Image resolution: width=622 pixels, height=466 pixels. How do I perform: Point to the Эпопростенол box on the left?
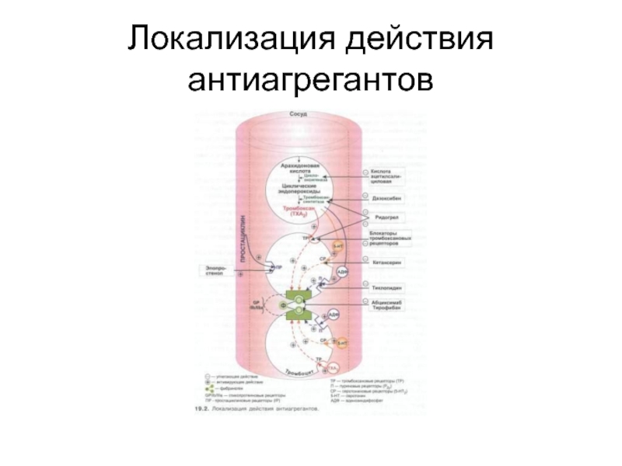pos(215,272)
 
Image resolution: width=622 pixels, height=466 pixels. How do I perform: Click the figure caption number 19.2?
pos(204,408)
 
